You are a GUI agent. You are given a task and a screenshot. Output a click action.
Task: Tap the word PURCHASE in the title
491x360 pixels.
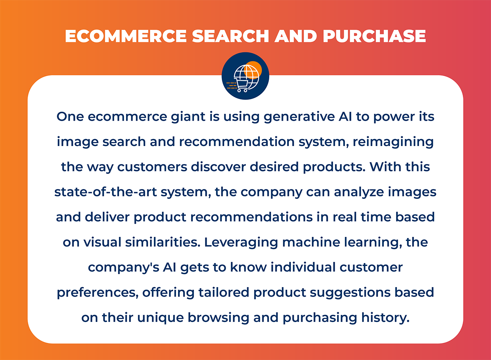click(x=374, y=36)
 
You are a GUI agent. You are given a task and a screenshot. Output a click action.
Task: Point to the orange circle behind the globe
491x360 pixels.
click(x=254, y=67)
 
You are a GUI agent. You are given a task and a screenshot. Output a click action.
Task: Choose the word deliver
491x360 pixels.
click(x=108, y=217)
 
